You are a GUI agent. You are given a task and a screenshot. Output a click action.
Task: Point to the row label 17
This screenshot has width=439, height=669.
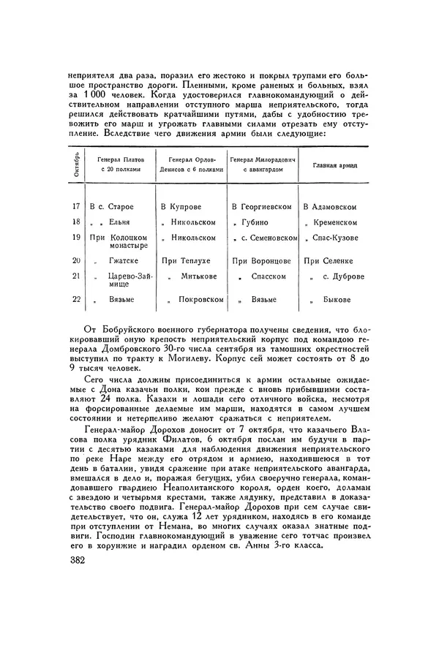click(x=77, y=207)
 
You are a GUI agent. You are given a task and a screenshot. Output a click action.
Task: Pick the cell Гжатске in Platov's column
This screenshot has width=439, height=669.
click(x=123, y=260)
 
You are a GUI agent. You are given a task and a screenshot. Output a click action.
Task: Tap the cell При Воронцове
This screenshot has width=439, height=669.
click(x=262, y=260)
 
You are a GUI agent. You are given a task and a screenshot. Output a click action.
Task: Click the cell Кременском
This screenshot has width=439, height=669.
click(x=336, y=222)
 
